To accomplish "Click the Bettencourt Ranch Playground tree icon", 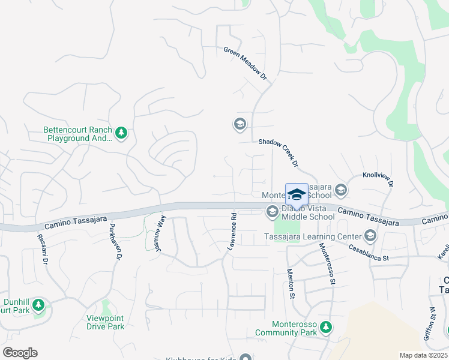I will tap(121, 133).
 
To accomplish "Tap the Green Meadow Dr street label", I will tap(244, 64).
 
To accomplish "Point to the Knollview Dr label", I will tap(377, 180).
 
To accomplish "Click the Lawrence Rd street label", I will tap(232, 230).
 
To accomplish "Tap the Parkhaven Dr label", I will tap(115, 242).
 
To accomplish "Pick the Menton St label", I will tap(291, 284).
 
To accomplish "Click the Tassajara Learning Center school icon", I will tap(370, 236).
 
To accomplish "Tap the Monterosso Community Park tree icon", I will tap(325, 327).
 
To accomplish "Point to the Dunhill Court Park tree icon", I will tap(38, 305).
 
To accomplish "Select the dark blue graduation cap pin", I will tap(297, 196).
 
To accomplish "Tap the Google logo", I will tap(20, 353).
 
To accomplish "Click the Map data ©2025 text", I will tap(423, 355).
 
